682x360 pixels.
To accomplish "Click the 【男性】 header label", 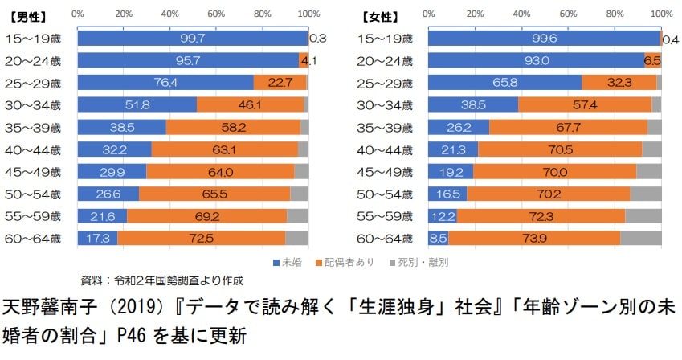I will click(29, 15).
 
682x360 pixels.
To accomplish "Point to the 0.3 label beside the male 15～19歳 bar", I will click(317, 38).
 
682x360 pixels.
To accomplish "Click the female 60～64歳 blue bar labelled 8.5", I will click(438, 237).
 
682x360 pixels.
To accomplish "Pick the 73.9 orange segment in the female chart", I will click(534, 237).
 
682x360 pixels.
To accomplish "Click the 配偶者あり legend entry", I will click(346, 262).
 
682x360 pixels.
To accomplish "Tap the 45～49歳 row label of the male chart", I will click(36, 171).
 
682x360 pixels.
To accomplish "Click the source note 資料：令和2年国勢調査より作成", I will click(161, 280).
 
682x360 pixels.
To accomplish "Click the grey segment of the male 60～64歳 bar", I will click(296, 237).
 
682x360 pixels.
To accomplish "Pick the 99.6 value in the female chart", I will click(544, 38).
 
